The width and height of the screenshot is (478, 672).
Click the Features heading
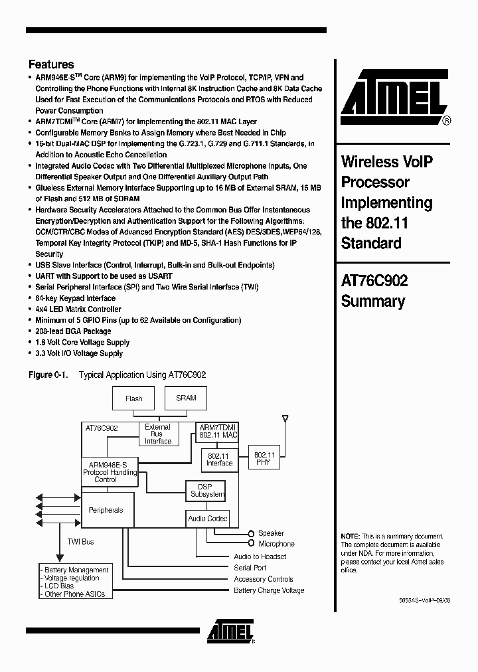pyautogui.click(x=51, y=64)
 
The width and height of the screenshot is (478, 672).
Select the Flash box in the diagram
pyautogui.click(x=134, y=398)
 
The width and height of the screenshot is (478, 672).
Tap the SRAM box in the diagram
pyautogui.click(x=186, y=398)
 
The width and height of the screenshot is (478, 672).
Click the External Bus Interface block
pyautogui.click(x=158, y=434)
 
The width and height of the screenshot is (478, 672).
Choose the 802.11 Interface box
pyautogui.click(x=219, y=460)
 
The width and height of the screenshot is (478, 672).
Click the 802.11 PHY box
pyautogui.click(x=264, y=458)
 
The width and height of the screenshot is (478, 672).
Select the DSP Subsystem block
pyautogui.click(x=205, y=490)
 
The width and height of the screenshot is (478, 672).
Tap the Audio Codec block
pyautogui.click(x=207, y=519)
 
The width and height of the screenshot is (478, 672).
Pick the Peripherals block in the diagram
pyautogui.click(x=106, y=510)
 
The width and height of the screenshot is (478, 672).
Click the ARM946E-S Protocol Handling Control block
pyautogui.click(x=110, y=472)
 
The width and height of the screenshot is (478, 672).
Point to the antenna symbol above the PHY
pyautogui.click(x=285, y=420)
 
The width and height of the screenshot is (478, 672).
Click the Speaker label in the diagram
pyautogui.click(x=271, y=533)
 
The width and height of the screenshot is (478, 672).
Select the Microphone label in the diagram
pyautogui.click(x=276, y=544)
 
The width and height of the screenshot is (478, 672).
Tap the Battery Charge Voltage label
pyautogui.click(x=269, y=590)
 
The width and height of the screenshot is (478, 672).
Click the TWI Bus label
pyautogui.click(x=80, y=542)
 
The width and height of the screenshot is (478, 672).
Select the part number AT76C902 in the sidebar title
pyautogui.click(x=374, y=281)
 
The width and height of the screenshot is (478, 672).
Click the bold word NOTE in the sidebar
pyautogui.click(x=350, y=536)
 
